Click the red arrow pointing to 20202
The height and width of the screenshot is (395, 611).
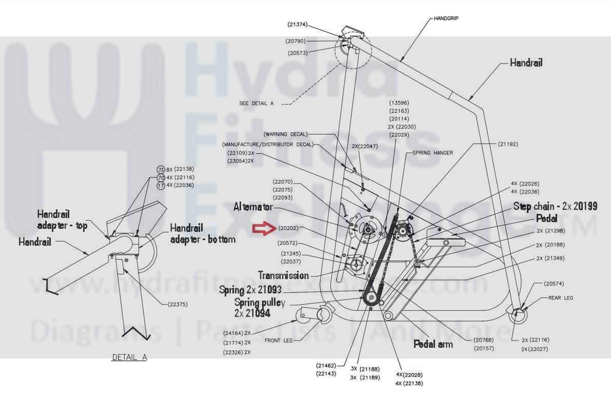click(264, 228)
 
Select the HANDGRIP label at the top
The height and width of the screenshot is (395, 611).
click(446, 18)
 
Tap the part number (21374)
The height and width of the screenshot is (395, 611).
click(297, 24)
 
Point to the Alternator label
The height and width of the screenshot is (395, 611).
click(253, 207)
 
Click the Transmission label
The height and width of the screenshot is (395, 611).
click(283, 275)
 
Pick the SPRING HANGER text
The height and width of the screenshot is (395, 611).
click(432, 153)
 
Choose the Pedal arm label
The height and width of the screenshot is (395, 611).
click(433, 344)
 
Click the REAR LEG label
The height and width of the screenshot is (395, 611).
click(561, 298)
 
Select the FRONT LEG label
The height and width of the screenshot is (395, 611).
click(279, 341)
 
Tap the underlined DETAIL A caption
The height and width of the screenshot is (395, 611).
click(129, 357)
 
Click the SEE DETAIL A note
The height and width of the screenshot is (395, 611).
click(256, 103)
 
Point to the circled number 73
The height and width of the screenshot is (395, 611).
click(161, 170)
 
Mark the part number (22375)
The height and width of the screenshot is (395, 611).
click(178, 304)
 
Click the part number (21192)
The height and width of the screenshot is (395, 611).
click(508, 144)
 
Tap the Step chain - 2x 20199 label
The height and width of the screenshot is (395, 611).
click(555, 206)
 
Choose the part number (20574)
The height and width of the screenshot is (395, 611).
click(540, 284)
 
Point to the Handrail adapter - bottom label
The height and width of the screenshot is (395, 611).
click(202, 234)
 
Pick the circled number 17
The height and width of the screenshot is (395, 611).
click(161, 185)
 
